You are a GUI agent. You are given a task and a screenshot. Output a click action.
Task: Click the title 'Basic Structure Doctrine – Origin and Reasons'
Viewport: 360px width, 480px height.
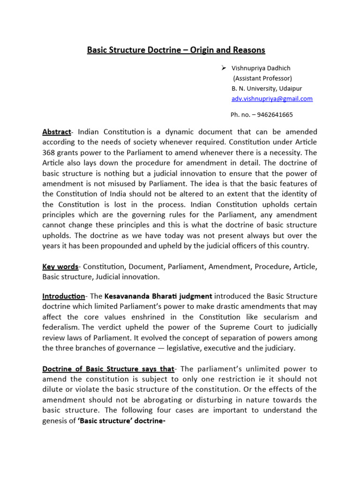(x=176, y=50)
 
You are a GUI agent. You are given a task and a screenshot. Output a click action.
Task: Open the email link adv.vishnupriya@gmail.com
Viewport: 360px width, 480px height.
(x=272, y=99)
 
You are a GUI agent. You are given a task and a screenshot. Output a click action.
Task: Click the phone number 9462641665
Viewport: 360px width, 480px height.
(x=277, y=114)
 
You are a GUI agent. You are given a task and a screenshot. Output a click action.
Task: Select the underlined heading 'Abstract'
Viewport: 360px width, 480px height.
(x=56, y=132)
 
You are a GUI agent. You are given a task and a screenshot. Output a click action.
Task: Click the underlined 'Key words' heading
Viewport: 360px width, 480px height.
(x=60, y=266)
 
